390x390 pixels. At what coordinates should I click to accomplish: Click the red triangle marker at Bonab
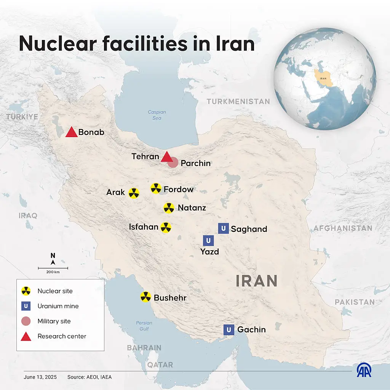pos(72,133)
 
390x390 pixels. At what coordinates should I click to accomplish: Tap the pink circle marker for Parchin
pos(173,163)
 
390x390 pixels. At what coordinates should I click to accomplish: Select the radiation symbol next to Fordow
pos(156,188)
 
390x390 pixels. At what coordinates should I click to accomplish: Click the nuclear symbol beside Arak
pos(134,193)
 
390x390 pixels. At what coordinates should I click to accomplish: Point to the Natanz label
pos(192,208)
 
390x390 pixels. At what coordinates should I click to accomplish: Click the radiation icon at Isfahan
pos(166,227)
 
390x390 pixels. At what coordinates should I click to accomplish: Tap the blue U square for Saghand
pos(224,229)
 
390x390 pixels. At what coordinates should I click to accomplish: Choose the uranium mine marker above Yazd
pos(208,240)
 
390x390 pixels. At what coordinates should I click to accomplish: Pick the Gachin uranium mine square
pos(229,329)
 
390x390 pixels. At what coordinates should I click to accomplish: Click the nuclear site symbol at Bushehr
pos(145,297)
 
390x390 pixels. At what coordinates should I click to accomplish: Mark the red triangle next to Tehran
pos(166,157)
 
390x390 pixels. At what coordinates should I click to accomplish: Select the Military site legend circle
pos(26,321)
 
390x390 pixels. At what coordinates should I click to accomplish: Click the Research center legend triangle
pos(26,336)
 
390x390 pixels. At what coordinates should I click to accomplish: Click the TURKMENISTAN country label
pos(238,102)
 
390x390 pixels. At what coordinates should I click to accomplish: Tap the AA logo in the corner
pos(364,370)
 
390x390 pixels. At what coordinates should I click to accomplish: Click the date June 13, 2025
pos(40,377)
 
